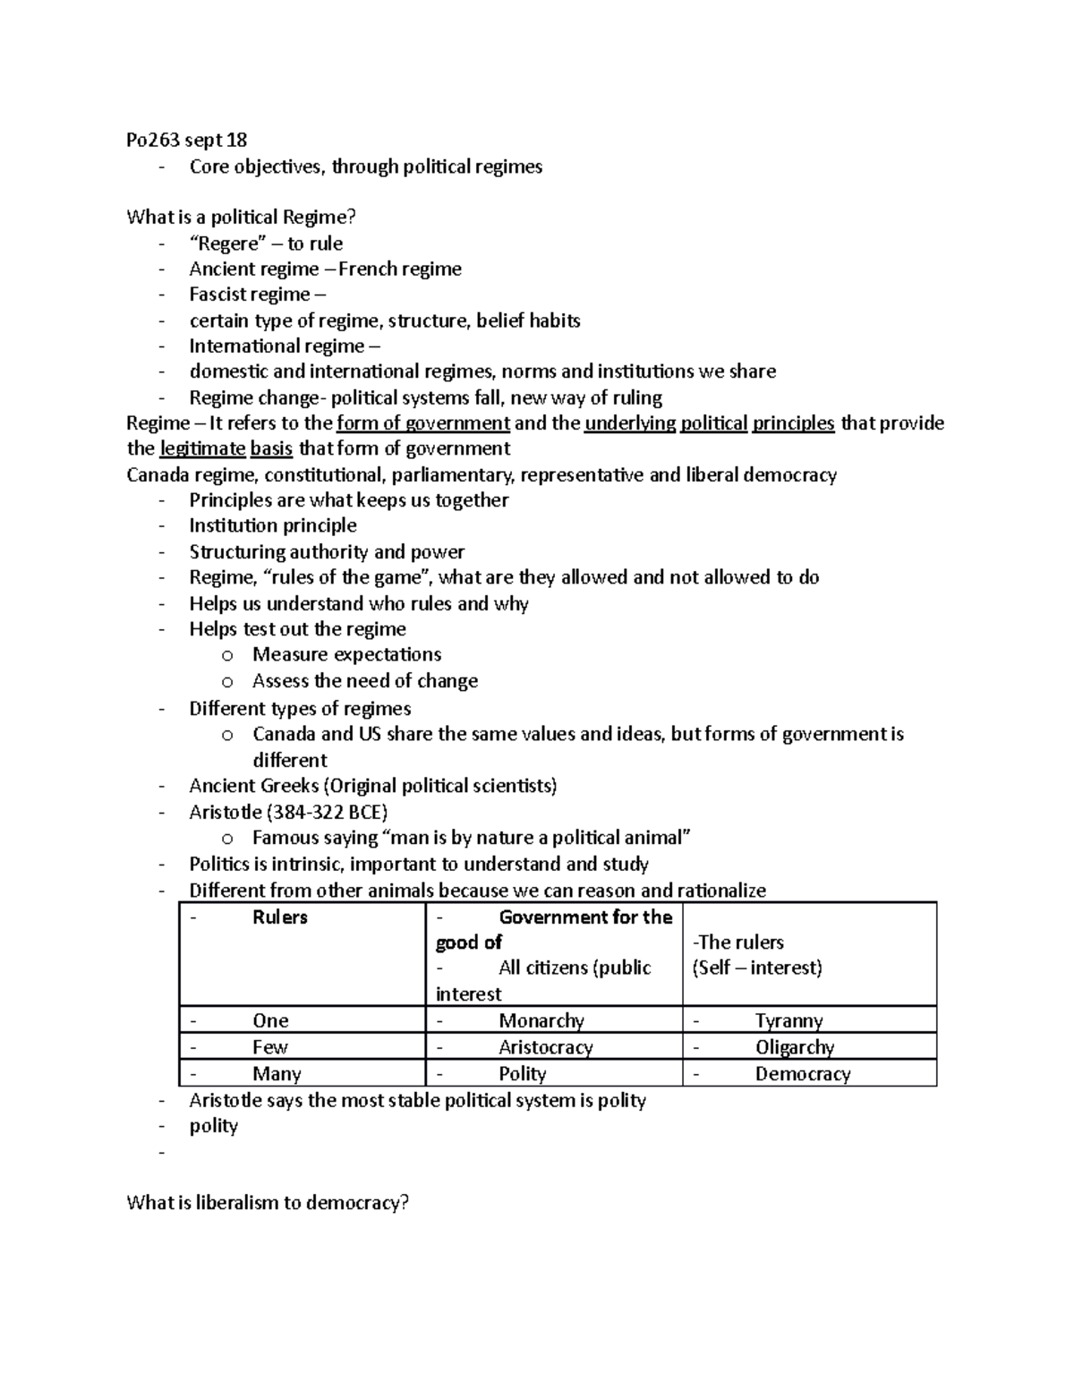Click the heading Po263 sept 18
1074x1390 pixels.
[x=187, y=140]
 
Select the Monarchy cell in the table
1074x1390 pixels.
[x=541, y=1020]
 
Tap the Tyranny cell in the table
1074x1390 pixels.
[x=788, y=1020]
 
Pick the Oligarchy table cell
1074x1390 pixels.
[x=795, y=1046]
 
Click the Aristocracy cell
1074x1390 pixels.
[x=545, y=1046]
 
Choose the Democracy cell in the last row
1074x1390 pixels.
[x=802, y=1073]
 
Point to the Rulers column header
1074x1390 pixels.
[x=280, y=917]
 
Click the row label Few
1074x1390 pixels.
[x=269, y=1046]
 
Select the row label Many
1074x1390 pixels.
[x=277, y=1073]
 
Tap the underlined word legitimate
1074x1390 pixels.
[x=202, y=448]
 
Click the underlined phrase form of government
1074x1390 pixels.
[x=422, y=422]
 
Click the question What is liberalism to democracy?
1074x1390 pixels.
[x=268, y=1202]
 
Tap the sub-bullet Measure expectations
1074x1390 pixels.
[x=346, y=654]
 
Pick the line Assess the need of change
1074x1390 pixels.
[x=364, y=680]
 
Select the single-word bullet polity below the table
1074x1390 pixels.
[x=213, y=1125]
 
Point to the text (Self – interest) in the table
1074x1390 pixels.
[x=756, y=968]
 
